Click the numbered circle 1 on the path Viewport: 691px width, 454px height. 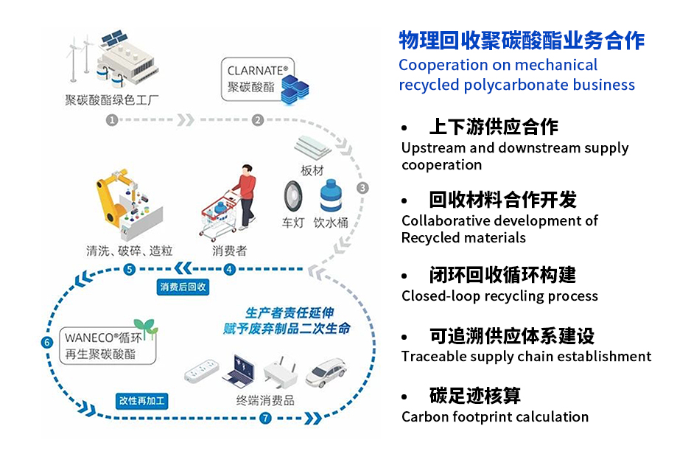[112, 120]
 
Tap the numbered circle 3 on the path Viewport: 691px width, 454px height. [362, 188]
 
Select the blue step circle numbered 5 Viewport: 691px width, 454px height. [130, 269]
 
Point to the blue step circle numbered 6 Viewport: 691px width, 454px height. [47, 343]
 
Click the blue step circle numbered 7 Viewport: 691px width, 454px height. [265, 419]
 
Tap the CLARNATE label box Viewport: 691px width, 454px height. [258, 80]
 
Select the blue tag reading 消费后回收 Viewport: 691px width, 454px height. [183, 287]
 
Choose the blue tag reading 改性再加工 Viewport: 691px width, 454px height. [143, 401]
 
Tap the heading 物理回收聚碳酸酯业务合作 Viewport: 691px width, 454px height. [522, 40]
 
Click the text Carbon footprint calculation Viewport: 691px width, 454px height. [495, 417]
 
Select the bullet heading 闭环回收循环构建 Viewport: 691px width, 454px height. [502, 276]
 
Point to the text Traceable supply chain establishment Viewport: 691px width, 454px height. [526, 357]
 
